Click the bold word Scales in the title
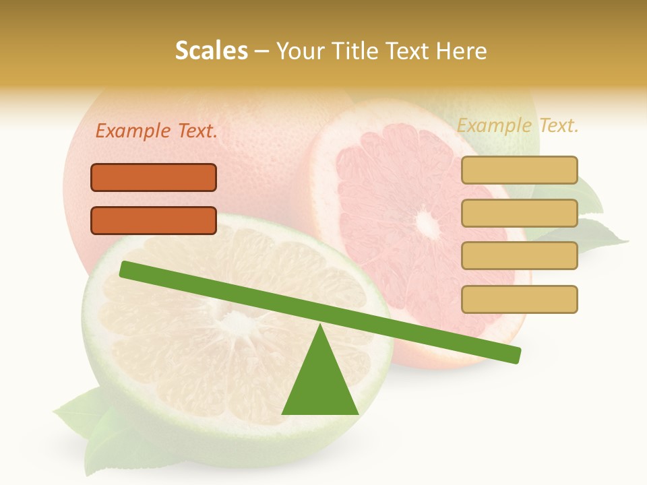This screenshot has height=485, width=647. (x=211, y=51)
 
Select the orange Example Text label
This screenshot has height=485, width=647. (x=156, y=131)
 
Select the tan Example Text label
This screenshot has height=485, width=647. (x=518, y=125)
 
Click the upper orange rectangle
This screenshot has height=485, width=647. (x=154, y=177)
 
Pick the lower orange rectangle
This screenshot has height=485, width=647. (x=154, y=220)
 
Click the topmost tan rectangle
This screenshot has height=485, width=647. (x=519, y=170)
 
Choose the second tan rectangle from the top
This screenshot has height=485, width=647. (x=519, y=213)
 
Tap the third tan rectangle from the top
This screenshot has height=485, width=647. (x=519, y=255)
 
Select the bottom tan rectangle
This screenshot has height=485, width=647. (x=519, y=299)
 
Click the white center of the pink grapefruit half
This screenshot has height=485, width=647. (x=425, y=220)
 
